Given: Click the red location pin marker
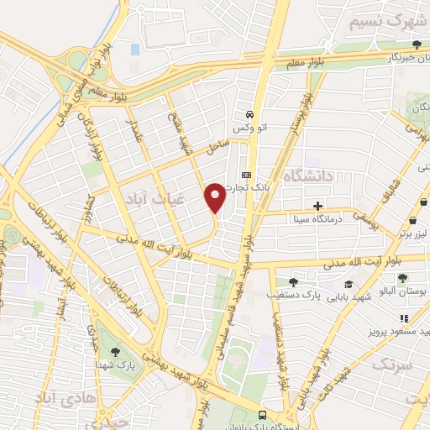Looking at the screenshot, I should coord(215,197).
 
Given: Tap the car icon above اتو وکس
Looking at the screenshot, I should coord(249,114).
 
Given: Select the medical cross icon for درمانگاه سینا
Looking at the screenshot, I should coord(317,206).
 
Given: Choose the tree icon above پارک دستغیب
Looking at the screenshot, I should coord(292,283).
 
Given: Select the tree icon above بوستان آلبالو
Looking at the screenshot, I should coord(403,277).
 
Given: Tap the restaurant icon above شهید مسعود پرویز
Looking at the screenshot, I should coord(404,318).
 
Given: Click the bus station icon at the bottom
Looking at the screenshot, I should coord(264,415).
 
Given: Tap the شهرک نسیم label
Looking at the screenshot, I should coord(371,20).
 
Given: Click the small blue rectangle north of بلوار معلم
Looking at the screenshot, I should coord(135,50).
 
